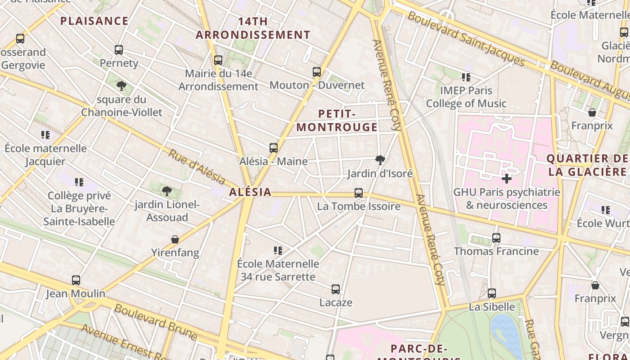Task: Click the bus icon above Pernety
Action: tap(119, 50)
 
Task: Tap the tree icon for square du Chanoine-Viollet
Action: tap(121, 85)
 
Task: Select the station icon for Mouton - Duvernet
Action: tap(317, 72)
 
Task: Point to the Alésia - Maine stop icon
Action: tap(274, 148)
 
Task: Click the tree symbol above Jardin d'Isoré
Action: tap(380, 160)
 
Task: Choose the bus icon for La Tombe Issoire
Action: tap(359, 193)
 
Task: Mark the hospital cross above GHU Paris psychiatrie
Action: tap(507, 179)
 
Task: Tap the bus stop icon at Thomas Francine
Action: tap(496, 238)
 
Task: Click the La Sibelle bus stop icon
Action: tap(492, 293)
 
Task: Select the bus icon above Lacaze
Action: tap(336, 289)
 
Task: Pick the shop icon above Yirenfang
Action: tap(175, 239)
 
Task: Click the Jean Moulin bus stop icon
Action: tap(76, 280)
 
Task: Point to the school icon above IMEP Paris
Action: tap(466, 77)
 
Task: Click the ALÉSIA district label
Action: tap(250, 192)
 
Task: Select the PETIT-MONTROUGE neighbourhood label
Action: tap(337, 120)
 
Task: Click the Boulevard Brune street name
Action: tap(156, 322)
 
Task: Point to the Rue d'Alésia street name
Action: tap(197, 167)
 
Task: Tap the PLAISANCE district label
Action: tap(94, 21)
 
